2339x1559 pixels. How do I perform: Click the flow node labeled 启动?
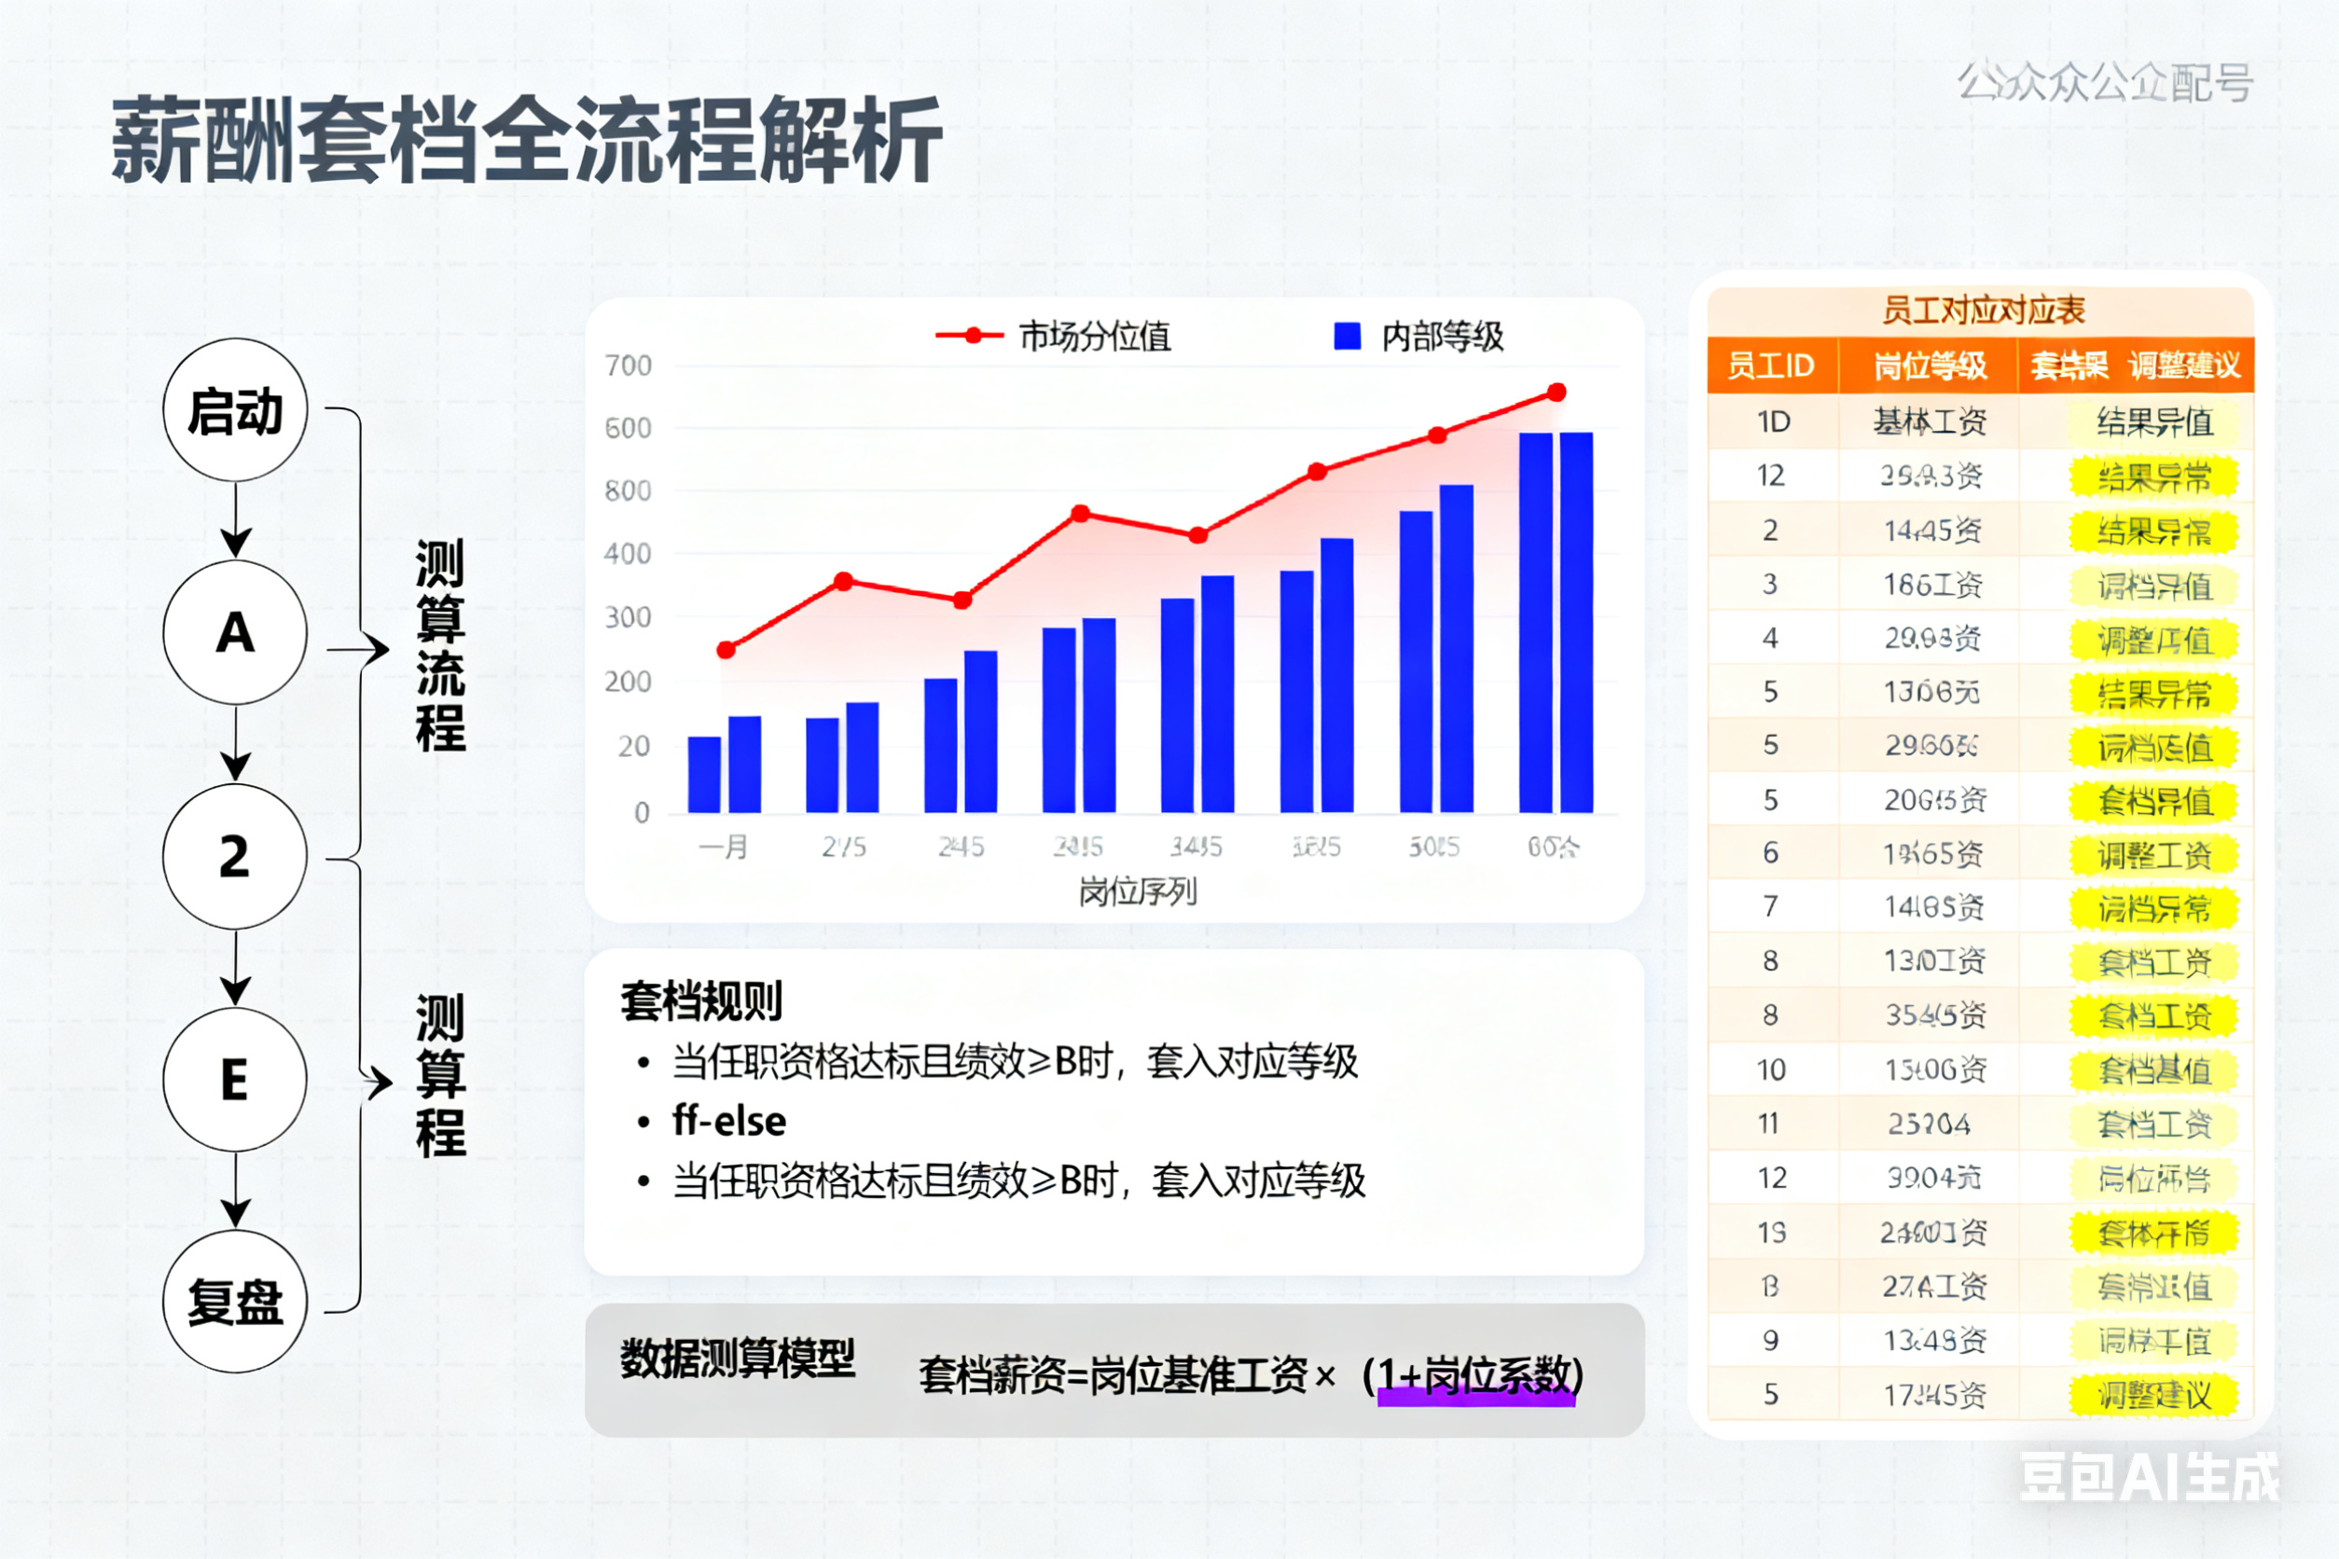point(235,410)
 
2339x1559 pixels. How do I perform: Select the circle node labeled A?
point(235,633)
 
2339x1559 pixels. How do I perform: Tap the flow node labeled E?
point(235,1080)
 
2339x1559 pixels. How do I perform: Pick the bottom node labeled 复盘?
point(235,1302)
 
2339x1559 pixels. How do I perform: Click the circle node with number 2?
point(235,856)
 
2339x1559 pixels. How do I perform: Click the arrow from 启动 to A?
point(236,520)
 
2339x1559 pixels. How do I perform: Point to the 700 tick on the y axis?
point(629,366)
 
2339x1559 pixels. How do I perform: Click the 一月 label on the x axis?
point(723,848)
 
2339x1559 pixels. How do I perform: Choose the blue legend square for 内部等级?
point(1347,336)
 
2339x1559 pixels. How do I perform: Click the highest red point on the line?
point(1557,393)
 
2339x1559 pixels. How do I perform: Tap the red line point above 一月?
point(726,650)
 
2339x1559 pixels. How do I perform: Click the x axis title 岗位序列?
point(1138,891)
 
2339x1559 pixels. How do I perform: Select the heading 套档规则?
point(702,1001)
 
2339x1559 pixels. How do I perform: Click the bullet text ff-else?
point(729,1122)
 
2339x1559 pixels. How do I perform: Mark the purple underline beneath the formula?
point(1475,1398)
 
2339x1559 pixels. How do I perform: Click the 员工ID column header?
point(1771,366)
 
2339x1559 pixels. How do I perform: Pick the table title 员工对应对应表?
point(1983,310)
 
